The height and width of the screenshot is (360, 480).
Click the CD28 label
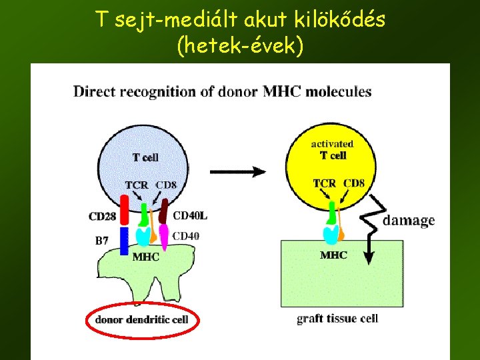pos(101,216)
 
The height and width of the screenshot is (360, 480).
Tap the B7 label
pos(101,241)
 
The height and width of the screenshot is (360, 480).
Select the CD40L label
pos(190,215)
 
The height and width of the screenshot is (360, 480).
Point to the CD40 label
pos(187,235)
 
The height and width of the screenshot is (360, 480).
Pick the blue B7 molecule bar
pos(124,241)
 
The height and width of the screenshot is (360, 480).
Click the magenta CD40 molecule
pos(163,236)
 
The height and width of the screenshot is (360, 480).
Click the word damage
pos(409,220)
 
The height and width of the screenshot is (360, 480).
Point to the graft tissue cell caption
pos(337,318)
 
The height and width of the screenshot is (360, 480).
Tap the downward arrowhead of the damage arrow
pos(368,257)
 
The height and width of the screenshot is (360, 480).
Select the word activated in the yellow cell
pos(332,143)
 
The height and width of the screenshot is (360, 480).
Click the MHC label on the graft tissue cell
pos(333,255)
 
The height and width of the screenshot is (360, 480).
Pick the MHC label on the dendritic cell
pos(146,257)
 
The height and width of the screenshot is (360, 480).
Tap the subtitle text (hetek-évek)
pos(239,47)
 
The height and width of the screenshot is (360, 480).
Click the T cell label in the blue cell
pos(145,157)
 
